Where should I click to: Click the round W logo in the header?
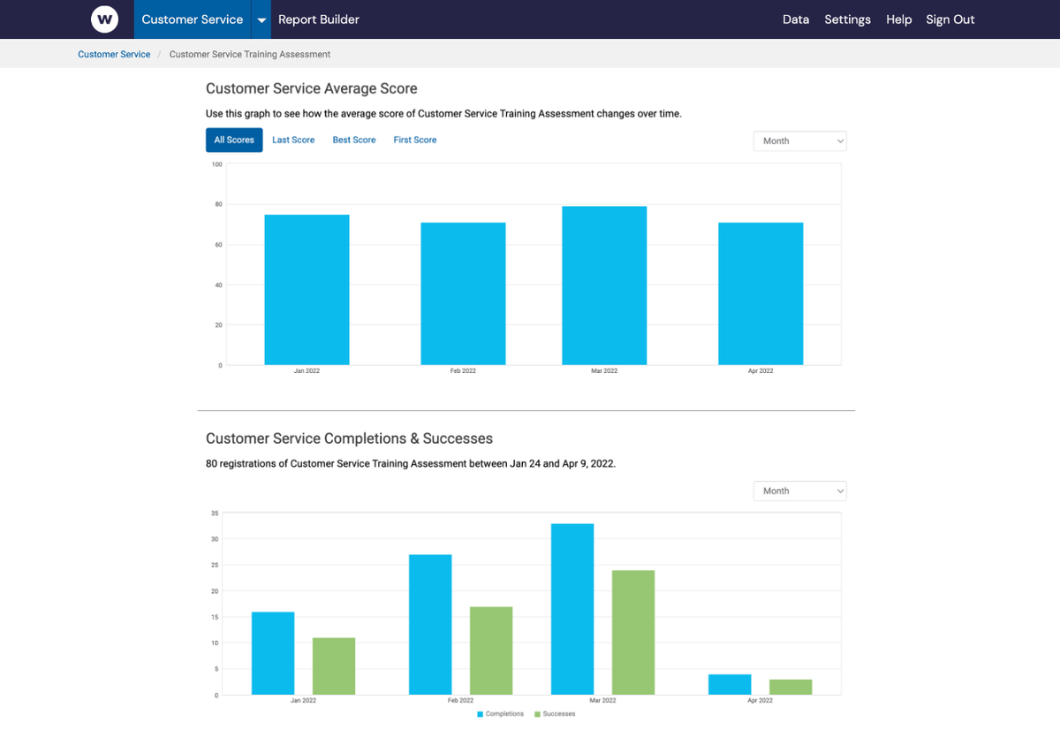click(x=104, y=19)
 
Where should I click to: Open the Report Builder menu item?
click(x=319, y=19)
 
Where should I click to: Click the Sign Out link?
click(x=950, y=19)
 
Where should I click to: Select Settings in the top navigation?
click(x=847, y=19)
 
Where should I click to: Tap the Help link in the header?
click(x=898, y=19)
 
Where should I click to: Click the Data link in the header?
click(x=795, y=19)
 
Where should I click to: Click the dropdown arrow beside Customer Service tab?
click(x=261, y=20)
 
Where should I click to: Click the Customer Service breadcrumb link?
click(x=114, y=54)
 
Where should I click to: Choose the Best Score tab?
click(x=353, y=140)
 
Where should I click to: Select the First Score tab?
click(x=414, y=140)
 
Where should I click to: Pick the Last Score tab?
click(x=293, y=140)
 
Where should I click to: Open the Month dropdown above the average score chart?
click(x=799, y=141)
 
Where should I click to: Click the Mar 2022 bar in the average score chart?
click(x=604, y=285)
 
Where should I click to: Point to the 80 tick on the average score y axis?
click(x=217, y=204)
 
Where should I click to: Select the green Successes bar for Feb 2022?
click(x=491, y=651)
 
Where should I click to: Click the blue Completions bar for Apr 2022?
click(x=730, y=684)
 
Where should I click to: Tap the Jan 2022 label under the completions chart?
click(x=303, y=700)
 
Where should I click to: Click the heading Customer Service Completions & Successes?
click(x=349, y=438)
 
